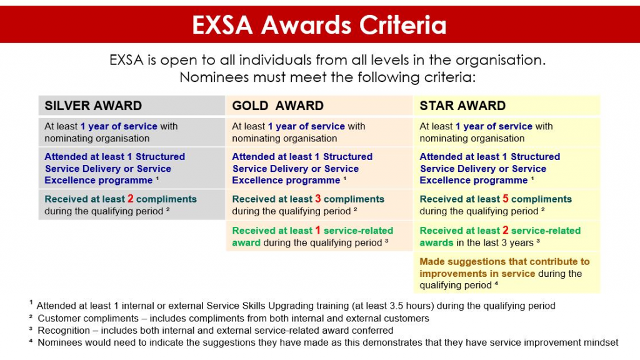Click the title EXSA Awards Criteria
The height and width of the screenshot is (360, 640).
[x=319, y=24]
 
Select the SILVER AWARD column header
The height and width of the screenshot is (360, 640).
[x=93, y=106]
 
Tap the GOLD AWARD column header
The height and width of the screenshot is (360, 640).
[x=277, y=106]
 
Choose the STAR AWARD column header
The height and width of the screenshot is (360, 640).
[x=462, y=106]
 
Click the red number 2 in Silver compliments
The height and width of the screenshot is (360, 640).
[x=131, y=199]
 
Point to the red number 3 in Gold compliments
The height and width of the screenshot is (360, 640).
[x=318, y=199]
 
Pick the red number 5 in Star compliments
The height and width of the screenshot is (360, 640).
[x=506, y=199]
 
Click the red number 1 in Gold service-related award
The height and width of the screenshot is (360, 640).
[x=318, y=230]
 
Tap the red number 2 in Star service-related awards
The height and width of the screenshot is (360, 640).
[x=506, y=230]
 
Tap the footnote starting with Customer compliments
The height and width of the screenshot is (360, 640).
[x=237, y=318]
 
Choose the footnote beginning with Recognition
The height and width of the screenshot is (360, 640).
[x=215, y=330]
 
